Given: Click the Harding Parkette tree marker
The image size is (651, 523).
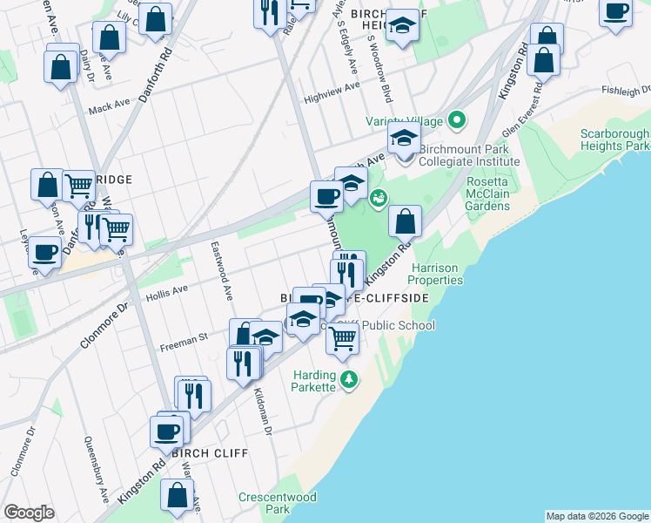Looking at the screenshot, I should coord(348,379).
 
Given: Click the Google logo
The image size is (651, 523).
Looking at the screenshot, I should coord(29,513).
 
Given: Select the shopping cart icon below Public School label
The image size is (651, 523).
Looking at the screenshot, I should coord(343,338).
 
